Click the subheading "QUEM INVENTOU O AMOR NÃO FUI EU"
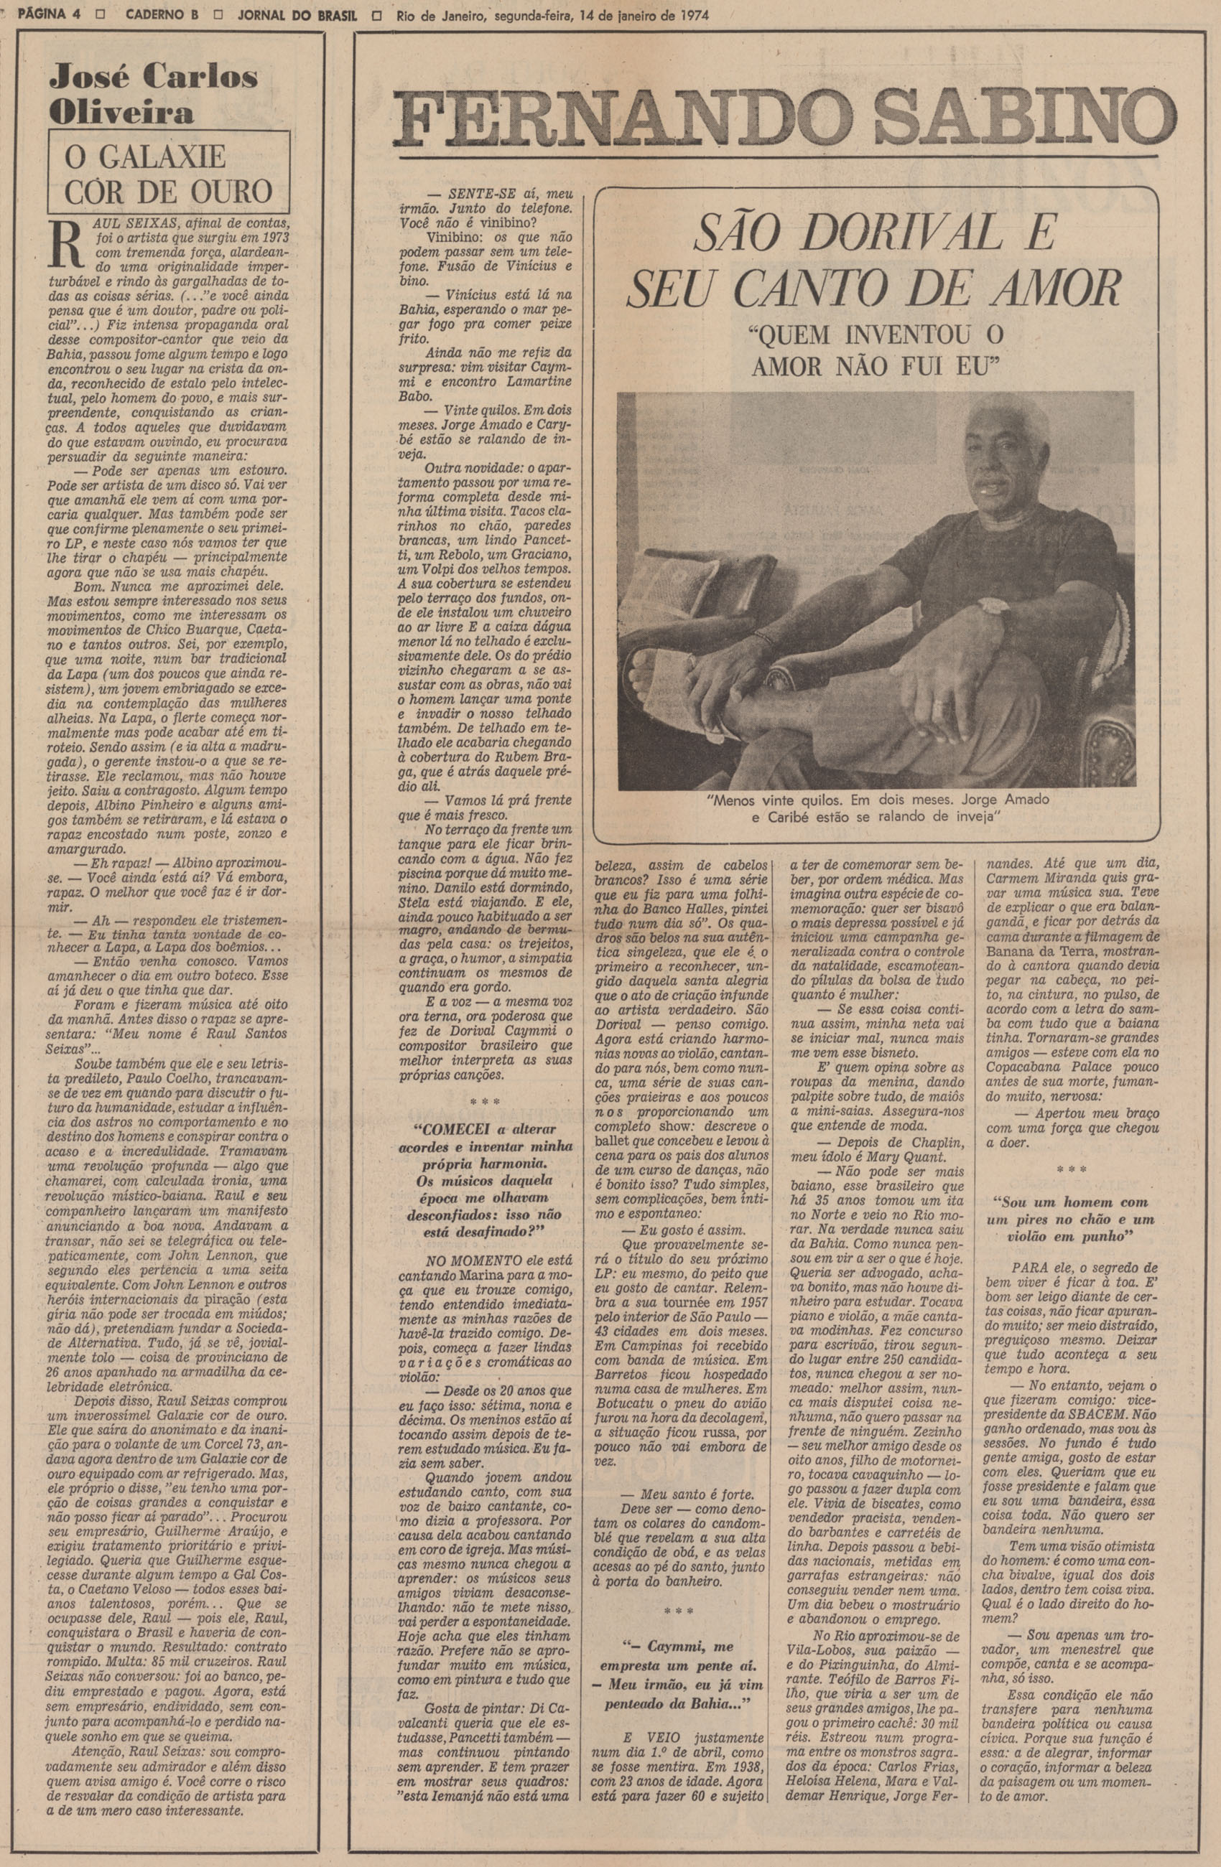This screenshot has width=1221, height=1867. point(877,349)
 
